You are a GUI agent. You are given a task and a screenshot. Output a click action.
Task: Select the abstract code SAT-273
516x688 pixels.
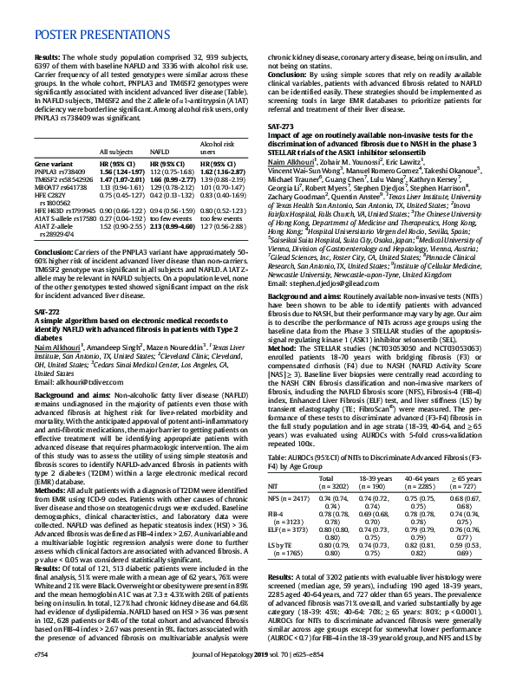[x=280, y=127]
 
